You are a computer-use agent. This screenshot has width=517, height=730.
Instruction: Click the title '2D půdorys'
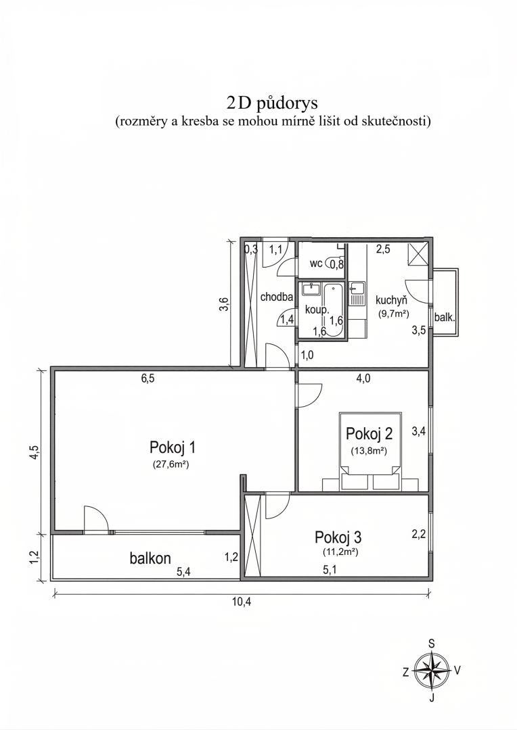(272, 103)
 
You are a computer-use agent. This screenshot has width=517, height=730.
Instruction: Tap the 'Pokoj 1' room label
(172, 447)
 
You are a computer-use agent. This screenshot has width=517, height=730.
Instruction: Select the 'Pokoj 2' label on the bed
(369, 433)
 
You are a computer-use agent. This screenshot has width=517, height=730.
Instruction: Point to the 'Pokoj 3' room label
(338, 537)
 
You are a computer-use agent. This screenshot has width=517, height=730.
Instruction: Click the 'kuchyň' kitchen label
(392, 301)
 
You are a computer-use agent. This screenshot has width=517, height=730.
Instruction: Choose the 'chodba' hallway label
(277, 297)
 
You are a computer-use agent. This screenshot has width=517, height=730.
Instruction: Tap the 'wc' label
(315, 264)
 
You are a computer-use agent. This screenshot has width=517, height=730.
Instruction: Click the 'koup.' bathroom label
(317, 310)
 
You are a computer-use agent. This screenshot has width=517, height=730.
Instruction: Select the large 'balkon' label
(150, 558)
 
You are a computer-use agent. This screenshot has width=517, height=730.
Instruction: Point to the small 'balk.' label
(445, 318)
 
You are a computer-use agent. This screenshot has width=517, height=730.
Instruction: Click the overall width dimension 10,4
(242, 602)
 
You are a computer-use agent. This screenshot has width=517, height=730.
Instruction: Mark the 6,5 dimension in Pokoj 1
(148, 379)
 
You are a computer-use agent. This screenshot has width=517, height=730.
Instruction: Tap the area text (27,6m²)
(171, 464)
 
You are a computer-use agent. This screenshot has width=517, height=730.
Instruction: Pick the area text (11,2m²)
(340, 552)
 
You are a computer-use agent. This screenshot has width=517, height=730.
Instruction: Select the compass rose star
(432, 670)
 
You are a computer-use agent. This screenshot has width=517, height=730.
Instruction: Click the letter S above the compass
(432, 644)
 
